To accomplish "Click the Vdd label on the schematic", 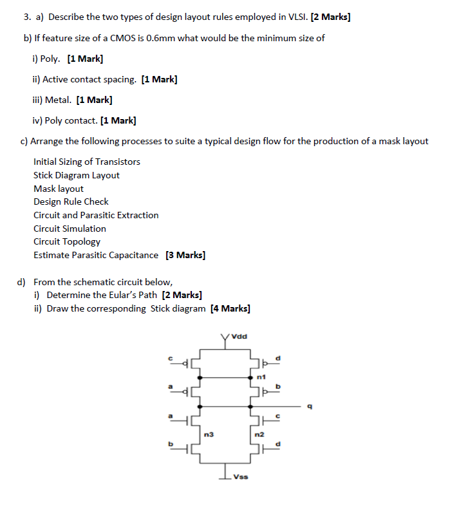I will click(x=239, y=335).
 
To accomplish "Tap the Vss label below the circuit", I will click(x=240, y=477).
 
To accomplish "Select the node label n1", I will click(x=261, y=375).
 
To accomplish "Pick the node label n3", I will click(x=208, y=435).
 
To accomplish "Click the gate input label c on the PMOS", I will click(x=171, y=358).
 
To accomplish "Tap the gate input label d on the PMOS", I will click(x=279, y=358).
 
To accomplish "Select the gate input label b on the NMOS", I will click(x=171, y=444).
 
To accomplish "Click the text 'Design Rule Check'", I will click(x=71, y=201).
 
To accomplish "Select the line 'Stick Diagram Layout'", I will click(x=76, y=175).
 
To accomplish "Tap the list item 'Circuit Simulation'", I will click(x=70, y=229).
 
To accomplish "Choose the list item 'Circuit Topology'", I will click(x=67, y=241).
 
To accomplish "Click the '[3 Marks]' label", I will click(x=185, y=255).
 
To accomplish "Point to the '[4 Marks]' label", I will click(x=230, y=308).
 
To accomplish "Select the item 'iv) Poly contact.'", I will click(x=65, y=120).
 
